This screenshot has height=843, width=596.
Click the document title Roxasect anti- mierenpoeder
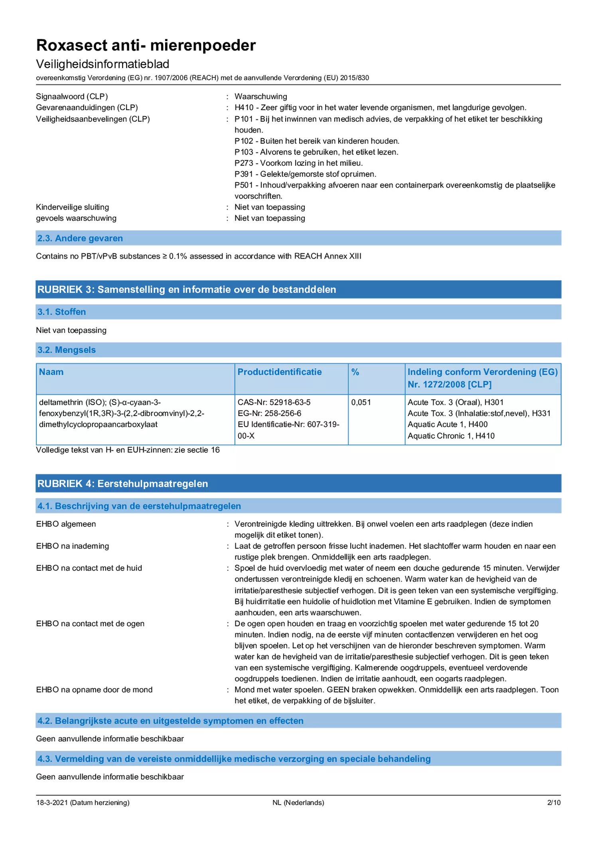(x=146, y=46)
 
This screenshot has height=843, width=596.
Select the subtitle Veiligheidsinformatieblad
(x=103, y=64)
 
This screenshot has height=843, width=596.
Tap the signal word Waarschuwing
(x=261, y=96)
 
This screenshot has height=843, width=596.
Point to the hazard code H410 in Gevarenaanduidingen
(x=244, y=107)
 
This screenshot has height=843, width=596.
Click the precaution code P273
(x=243, y=163)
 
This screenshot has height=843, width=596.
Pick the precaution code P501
(x=243, y=185)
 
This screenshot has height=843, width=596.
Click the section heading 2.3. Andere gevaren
(x=80, y=238)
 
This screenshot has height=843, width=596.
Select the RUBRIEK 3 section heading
(x=187, y=289)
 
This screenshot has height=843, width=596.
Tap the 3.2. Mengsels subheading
(x=67, y=350)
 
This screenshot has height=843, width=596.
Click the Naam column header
(x=51, y=372)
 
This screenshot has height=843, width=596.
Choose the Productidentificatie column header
(x=279, y=372)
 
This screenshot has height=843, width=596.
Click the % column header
(x=355, y=372)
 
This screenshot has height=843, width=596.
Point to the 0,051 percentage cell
(x=361, y=402)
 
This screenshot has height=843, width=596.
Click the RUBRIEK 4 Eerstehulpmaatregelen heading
(x=123, y=483)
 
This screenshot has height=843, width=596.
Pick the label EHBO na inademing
(x=72, y=546)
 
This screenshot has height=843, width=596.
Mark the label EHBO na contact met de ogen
(x=90, y=623)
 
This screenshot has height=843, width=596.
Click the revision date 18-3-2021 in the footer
(x=52, y=802)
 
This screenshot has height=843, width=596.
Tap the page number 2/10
(x=553, y=802)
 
